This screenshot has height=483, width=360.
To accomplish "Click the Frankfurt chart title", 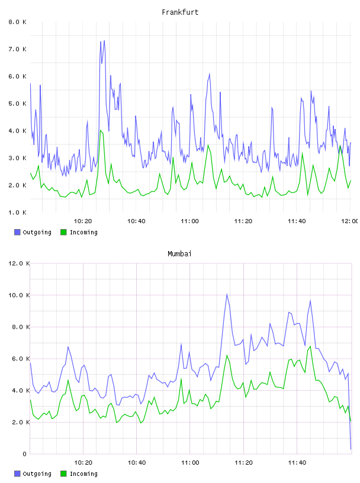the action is [180, 12].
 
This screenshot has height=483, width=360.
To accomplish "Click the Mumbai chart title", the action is [179, 254].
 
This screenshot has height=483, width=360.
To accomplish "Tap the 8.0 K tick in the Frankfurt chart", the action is [17, 22].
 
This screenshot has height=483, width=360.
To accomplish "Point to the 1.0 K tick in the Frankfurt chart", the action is [17, 212].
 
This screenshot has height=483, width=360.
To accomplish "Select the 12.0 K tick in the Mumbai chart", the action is [19, 263].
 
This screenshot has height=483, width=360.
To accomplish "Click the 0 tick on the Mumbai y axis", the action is [24, 454].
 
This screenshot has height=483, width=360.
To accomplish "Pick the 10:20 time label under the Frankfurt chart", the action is [83, 221].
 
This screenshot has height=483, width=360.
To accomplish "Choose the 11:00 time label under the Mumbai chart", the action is [190, 462].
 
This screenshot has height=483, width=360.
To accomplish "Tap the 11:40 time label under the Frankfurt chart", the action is [297, 221].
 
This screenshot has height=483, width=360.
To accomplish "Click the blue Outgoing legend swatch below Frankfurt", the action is [17, 232].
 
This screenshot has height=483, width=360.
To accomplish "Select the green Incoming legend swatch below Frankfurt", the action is [63, 232].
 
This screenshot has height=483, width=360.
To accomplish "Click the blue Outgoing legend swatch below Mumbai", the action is [17, 474].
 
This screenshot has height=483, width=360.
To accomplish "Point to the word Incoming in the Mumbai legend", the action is [83, 474].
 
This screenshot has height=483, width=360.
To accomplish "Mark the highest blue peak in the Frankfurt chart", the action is [104, 41].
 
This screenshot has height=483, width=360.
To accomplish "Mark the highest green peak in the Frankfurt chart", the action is [101, 131].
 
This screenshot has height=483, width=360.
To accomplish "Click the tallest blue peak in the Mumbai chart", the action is [227, 294].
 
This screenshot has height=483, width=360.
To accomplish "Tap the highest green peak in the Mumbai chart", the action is [310, 346].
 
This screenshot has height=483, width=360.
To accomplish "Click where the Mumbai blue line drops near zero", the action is [351, 449].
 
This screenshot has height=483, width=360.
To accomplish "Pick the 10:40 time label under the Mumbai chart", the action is [137, 462].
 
